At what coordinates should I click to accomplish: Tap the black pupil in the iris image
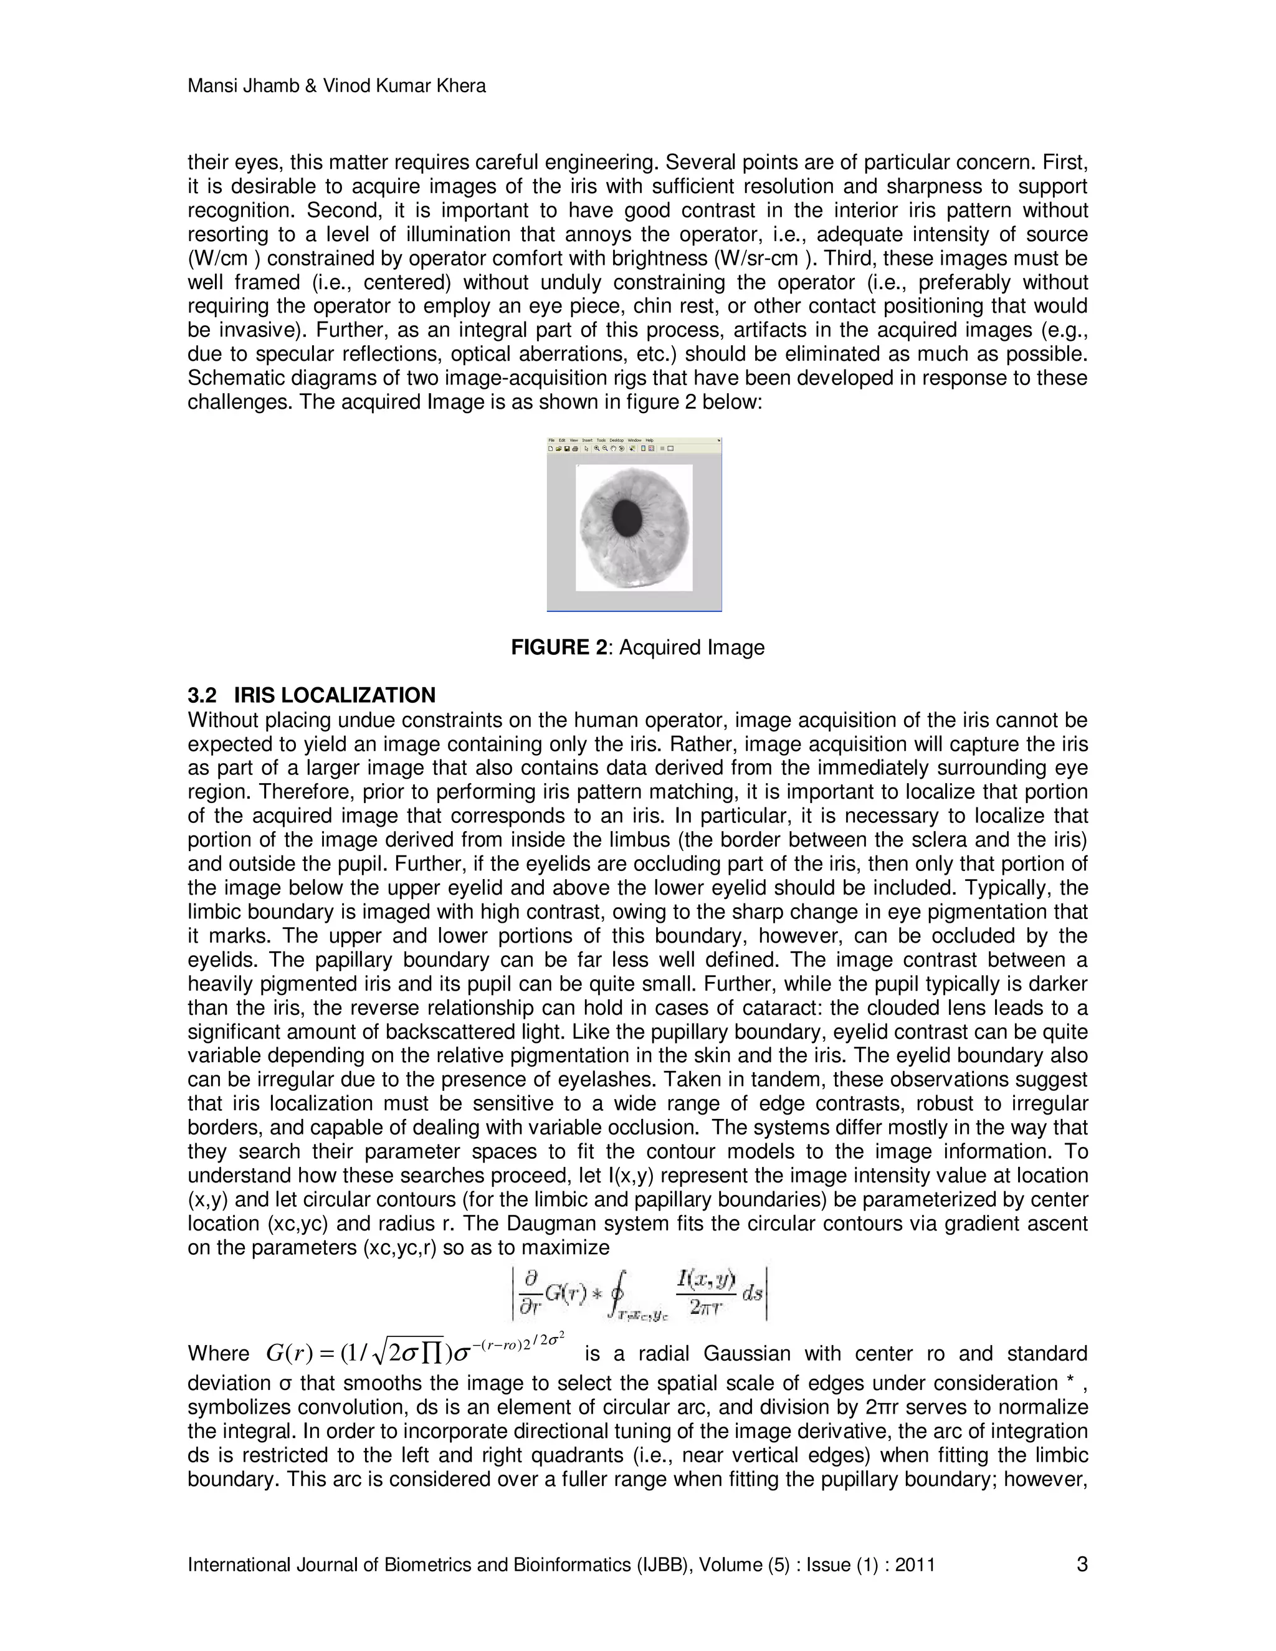click(627, 518)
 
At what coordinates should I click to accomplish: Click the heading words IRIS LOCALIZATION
click(334, 695)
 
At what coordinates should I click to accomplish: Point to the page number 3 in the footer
click(1082, 1564)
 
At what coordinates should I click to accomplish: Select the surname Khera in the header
click(458, 86)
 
